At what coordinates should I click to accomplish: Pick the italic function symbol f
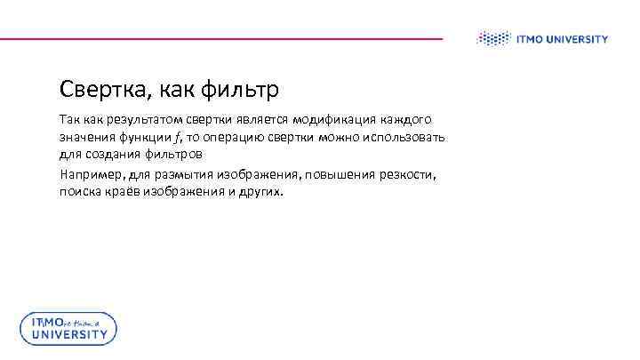pos(176,138)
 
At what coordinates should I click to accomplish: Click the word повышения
pos(327,174)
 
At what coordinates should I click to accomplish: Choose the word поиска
pos(80,192)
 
